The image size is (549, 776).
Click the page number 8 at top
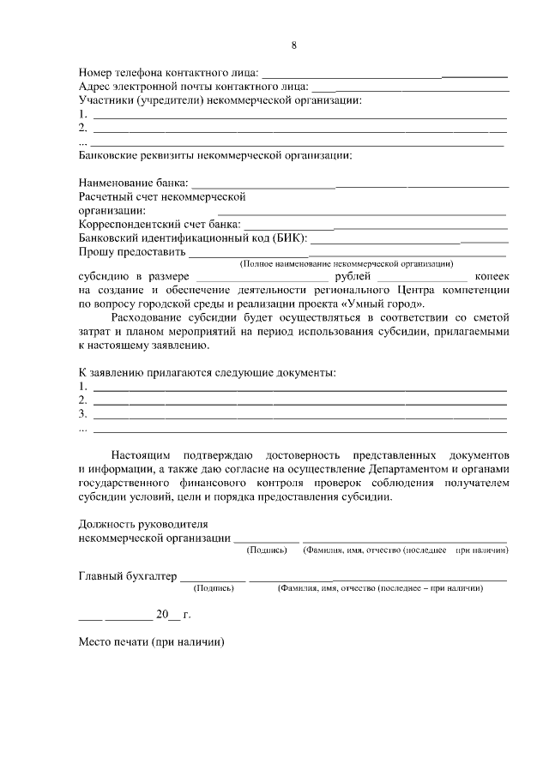tap(293, 45)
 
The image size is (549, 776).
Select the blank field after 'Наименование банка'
tap(349, 185)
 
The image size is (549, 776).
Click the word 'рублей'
tap(353, 277)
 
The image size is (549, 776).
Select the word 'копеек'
tap(492, 277)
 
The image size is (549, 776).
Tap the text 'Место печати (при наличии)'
tap(151, 642)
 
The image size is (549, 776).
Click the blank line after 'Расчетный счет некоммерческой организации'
tap(361, 210)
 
